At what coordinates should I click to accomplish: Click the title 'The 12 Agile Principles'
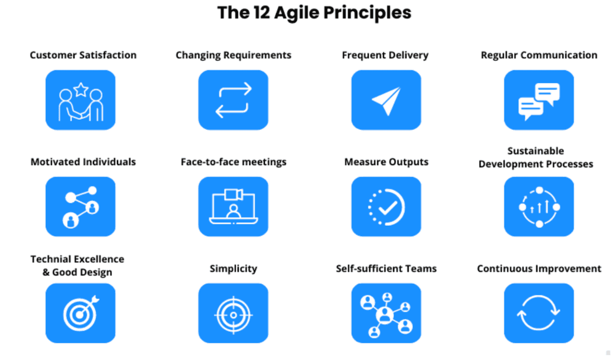[314, 12]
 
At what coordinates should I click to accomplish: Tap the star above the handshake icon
[81, 88]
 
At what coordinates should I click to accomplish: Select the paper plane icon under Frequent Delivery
[386, 101]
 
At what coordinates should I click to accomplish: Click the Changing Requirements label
[233, 55]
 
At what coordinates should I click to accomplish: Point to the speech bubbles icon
[539, 101]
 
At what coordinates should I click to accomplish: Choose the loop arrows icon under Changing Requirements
[233, 100]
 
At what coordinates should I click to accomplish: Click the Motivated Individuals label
[83, 162]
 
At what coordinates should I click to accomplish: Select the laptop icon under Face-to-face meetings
[233, 207]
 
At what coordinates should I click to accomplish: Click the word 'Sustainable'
[535, 151]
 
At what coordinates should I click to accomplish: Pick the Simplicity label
[233, 269]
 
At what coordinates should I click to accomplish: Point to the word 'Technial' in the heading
[54, 259]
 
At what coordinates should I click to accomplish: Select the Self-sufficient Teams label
[386, 269]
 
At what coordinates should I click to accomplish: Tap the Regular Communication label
[539, 55]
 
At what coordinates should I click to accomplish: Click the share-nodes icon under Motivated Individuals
[80, 207]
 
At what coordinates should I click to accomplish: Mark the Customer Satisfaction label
[83, 55]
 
